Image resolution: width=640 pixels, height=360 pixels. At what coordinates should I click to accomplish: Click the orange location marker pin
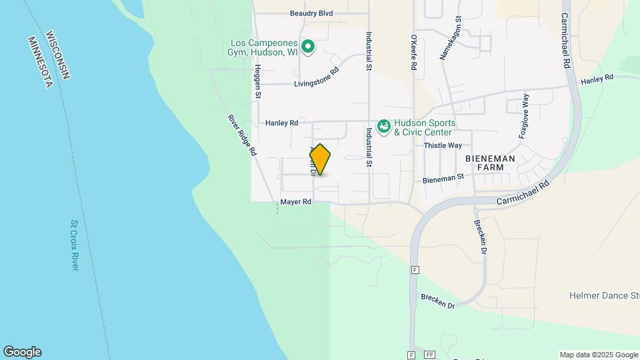coord(321,159)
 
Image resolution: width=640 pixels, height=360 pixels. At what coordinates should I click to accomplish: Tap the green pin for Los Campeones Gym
coord(308,46)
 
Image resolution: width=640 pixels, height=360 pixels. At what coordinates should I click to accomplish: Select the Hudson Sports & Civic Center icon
coord(384,127)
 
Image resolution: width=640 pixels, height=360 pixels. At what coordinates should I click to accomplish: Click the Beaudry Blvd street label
coord(311,13)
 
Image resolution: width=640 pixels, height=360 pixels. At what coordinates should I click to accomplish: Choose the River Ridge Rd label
coord(242,135)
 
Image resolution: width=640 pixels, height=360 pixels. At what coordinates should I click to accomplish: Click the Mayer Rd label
coord(296,201)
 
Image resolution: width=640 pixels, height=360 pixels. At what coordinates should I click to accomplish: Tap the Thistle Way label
coord(443,145)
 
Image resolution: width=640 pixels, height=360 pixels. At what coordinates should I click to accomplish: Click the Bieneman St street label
coord(443,178)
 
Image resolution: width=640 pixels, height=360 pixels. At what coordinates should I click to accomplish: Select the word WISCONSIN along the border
coord(57,51)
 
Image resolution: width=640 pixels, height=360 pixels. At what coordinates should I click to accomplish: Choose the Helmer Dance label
coord(604,295)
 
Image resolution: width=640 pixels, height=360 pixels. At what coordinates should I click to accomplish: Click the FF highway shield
coord(429,355)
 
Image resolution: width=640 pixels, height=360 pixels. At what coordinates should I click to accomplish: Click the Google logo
coord(22,352)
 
